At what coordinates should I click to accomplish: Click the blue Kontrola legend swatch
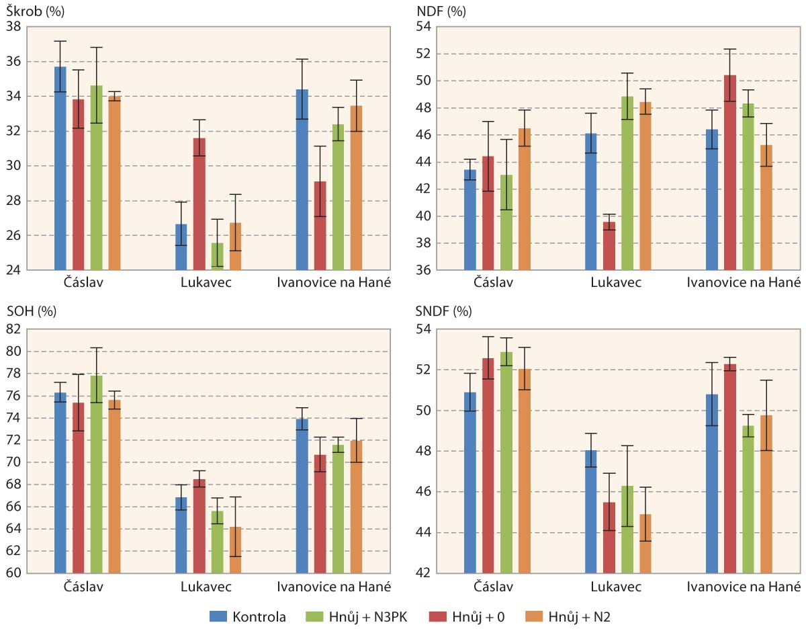[219, 616]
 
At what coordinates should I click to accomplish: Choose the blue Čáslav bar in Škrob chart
[60, 168]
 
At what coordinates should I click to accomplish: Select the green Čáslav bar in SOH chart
[97, 474]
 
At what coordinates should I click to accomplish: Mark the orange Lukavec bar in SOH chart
[235, 550]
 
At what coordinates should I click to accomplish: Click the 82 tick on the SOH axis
[13, 329]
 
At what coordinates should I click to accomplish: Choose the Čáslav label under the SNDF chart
[494, 586]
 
